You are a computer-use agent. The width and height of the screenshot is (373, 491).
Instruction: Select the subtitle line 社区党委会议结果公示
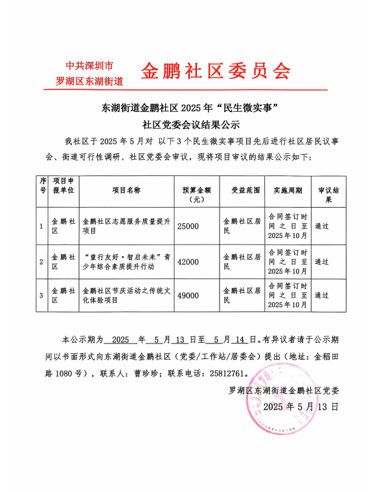(x=186, y=124)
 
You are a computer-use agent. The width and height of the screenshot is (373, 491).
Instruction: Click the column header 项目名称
(x=126, y=191)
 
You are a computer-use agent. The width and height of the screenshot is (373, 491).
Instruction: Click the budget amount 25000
(x=188, y=226)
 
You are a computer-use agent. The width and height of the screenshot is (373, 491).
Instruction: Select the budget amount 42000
(x=188, y=261)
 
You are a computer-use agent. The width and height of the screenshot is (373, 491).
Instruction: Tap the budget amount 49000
(x=188, y=296)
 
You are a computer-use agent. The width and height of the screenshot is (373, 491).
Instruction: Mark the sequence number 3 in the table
(x=42, y=296)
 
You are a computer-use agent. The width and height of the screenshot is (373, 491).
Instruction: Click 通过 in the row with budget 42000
(x=321, y=261)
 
